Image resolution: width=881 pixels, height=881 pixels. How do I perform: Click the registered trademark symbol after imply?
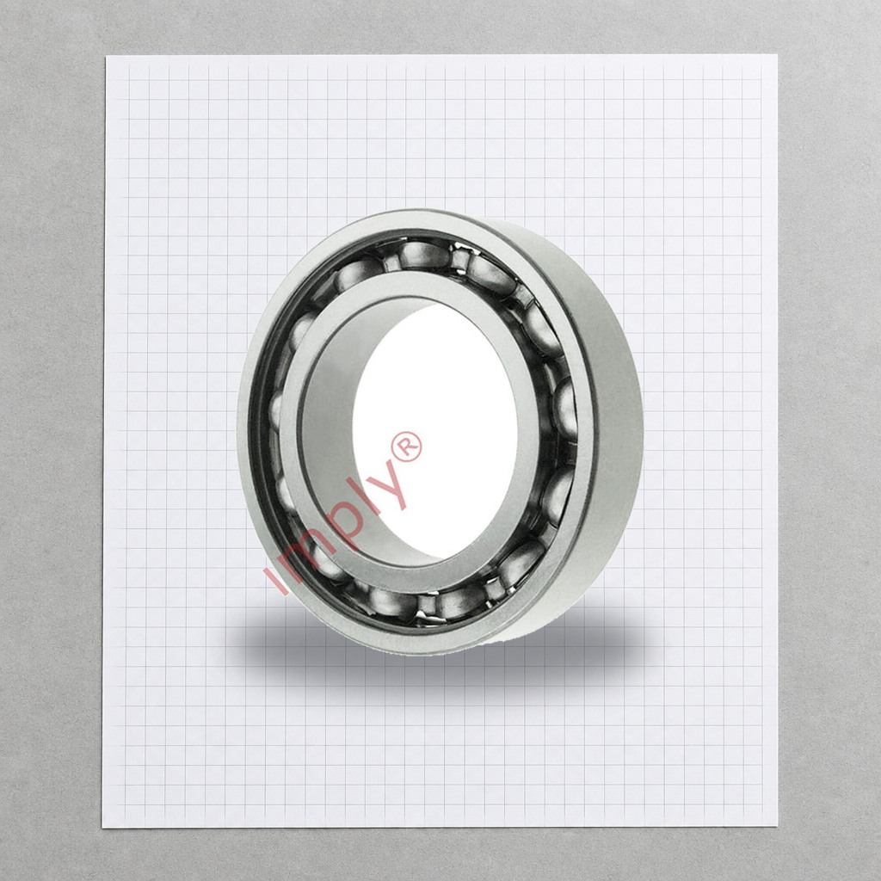[407, 447]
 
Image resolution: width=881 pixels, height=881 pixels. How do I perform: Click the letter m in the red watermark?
[305, 552]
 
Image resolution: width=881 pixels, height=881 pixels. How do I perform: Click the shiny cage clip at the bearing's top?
[462, 258]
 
